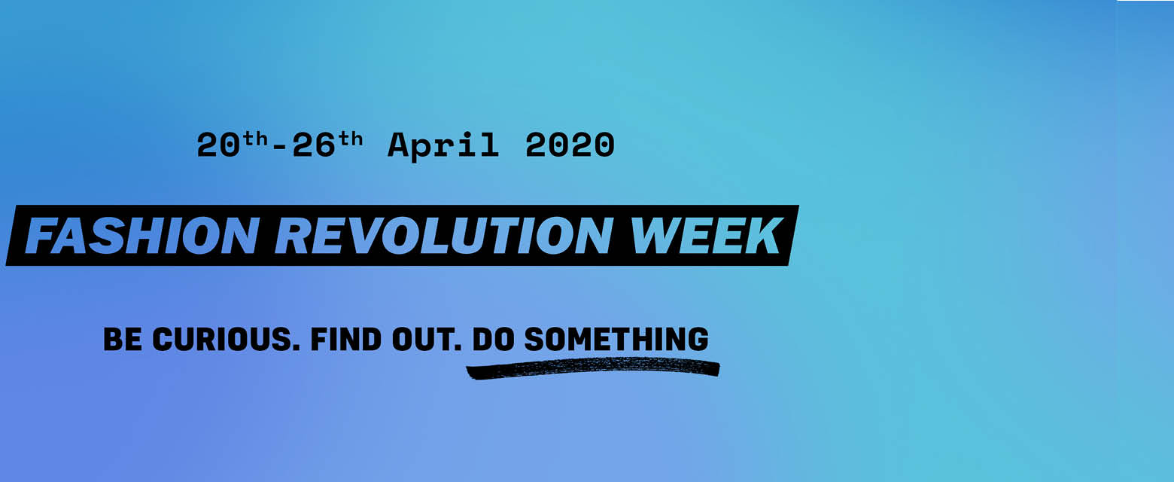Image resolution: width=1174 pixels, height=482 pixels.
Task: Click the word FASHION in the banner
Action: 141,236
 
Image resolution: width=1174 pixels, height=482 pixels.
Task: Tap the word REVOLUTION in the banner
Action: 443,236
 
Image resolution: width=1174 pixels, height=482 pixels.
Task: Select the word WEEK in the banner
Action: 705,236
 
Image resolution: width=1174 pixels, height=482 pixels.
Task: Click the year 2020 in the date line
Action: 570,145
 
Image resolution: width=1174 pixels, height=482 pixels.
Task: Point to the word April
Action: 443,146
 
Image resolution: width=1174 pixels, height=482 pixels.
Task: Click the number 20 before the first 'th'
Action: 218,145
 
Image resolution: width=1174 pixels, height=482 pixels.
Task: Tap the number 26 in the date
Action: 313,145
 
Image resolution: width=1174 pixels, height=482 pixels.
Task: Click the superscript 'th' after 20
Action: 255,139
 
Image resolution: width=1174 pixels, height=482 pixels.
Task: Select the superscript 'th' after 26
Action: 350,139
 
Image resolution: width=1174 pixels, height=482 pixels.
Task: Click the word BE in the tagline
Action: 123,339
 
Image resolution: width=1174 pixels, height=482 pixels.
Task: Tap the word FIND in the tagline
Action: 346,339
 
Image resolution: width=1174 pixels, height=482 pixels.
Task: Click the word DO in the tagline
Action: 493,339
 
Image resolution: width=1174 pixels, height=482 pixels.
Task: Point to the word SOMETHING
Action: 616,339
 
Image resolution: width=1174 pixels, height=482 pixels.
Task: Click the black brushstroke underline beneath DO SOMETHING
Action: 593,367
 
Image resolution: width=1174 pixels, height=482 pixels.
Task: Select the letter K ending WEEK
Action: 764,236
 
